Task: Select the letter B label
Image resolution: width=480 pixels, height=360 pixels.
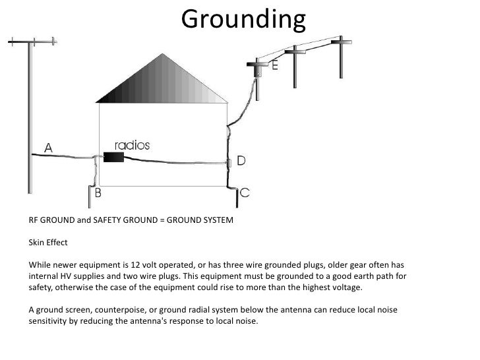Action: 98,193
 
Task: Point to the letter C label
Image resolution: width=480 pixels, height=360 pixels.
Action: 245,192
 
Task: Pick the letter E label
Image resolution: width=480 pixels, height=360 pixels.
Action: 273,67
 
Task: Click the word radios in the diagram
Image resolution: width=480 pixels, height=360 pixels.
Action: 132,145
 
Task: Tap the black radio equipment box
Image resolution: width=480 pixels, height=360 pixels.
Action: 114,158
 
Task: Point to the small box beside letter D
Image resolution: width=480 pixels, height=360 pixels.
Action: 231,161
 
